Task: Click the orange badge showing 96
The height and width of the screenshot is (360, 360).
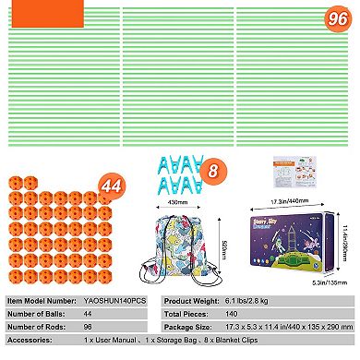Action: [338, 18]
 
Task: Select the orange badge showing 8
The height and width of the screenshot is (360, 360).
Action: [211, 170]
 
